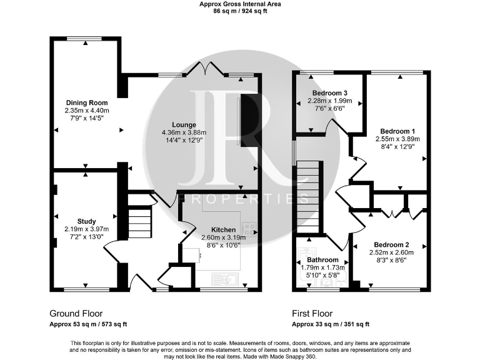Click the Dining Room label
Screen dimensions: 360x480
pos(87,102)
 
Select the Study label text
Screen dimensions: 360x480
pos(86,221)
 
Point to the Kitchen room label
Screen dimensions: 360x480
pos(223,229)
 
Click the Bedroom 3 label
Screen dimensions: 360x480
pos(330,93)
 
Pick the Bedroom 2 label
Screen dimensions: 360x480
pos(391,244)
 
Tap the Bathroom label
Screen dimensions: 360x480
pos(322,260)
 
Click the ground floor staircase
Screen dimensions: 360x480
pos(141,221)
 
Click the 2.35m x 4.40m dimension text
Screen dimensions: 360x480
pos(87,111)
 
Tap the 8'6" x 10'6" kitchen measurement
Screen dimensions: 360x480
pos(223,245)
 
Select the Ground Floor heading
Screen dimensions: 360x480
pos(76,313)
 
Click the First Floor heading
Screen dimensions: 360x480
pos(312,313)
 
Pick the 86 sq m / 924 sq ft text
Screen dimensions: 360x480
pos(240,11)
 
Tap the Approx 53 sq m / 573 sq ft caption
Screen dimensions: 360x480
pos(88,324)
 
